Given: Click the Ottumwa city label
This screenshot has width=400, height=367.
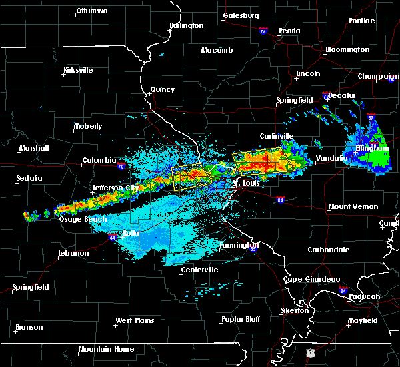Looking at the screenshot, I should pyautogui.click(x=92, y=11).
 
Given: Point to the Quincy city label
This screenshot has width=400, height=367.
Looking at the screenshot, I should pyautogui.click(x=163, y=89).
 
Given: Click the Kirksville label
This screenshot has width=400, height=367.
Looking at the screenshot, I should pyautogui.click(x=77, y=70).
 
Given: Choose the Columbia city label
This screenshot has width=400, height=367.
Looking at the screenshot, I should pyautogui.click(x=99, y=160).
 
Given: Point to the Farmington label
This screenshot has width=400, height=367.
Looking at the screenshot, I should pyautogui.click(x=239, y=245).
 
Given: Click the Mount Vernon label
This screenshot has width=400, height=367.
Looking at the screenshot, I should pyautogui.click(x=353, y=207).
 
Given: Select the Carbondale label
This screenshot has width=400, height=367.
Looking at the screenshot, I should pyautogui.click(x=327, y=250).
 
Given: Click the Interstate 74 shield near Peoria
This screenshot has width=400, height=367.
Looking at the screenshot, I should pyautogui.click(x=263, y=31).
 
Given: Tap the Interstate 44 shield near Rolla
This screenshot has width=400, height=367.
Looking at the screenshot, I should pyautogui.click(x=109, y=236).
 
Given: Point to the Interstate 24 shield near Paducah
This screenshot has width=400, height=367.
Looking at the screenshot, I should pyautogui.click(x=342, y=290).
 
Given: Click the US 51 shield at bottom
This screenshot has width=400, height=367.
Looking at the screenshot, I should pyautogui.click(x=311, y=352).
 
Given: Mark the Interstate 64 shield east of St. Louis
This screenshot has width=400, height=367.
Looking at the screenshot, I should pyautogui.click(x=281, y=200).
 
